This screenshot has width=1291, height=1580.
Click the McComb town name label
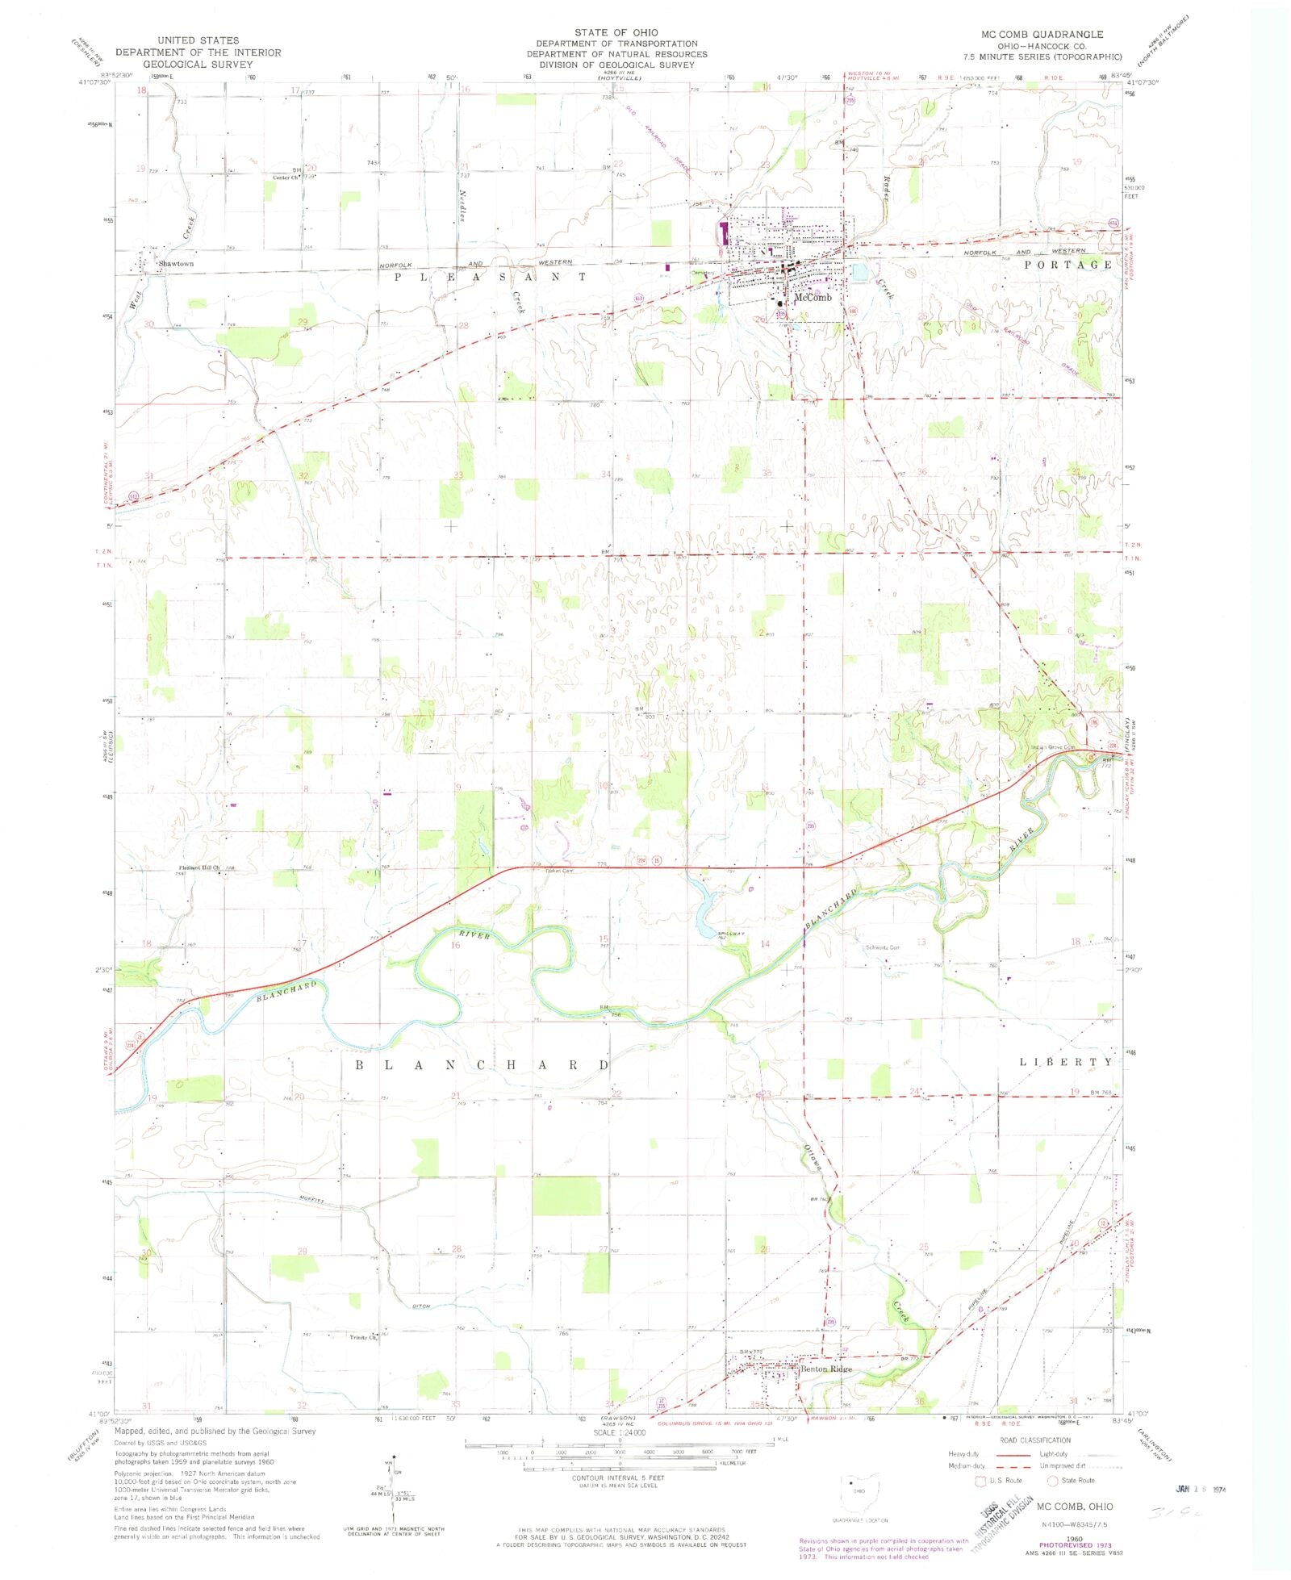pyautogui.click(x=813, y=297)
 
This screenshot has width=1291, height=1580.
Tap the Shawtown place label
pyautogui.click(x=176, y=264)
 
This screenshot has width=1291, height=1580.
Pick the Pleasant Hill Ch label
pyautogui.click(x=199, y=868)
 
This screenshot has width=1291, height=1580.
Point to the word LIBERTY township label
pyautogui.click(x=1067, y=1062)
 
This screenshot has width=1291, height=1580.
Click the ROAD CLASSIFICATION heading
pyautogui.click(x=1034, y=1440)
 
